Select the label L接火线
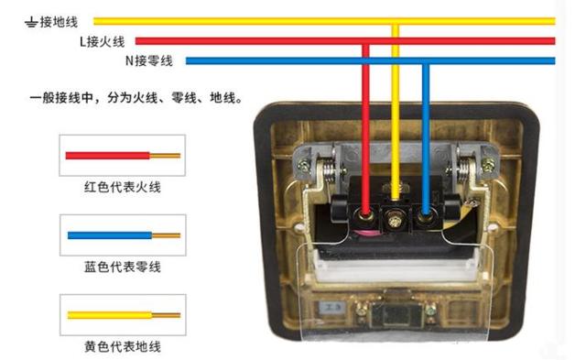click(x=102, y=40)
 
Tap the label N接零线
click(x=151, y=61)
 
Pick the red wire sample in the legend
click(x=122, y=156)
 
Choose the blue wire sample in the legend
click(x=122, y=235)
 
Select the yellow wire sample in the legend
click(x=122, y=314)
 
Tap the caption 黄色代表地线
click(x=122, y=347)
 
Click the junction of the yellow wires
click(x=396, y=20)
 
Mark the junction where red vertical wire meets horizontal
click(x=366, y=40)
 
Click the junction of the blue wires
click(x=426, y=61)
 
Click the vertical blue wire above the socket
click(x=426, y=128)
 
